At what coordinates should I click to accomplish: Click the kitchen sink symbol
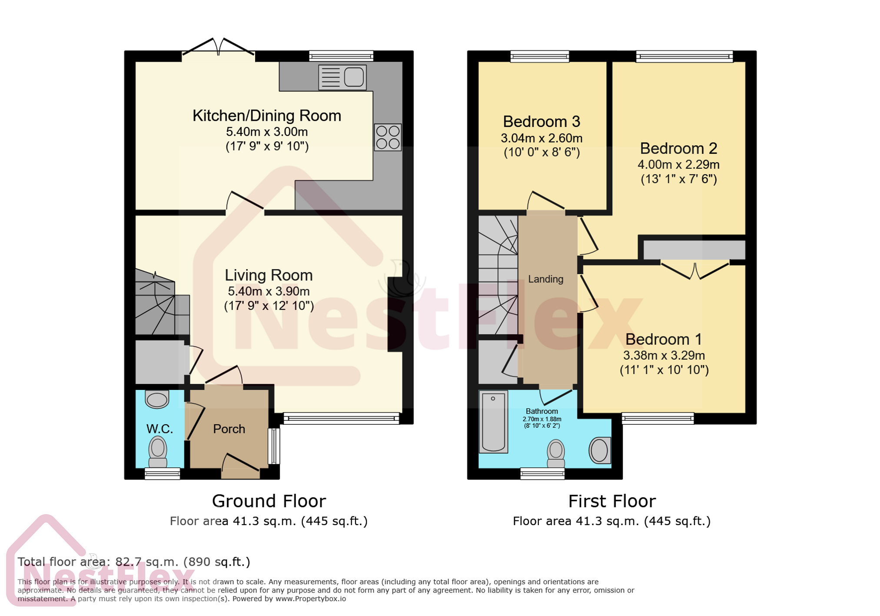tap(342, 77)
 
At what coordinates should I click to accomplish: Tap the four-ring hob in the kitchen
tap(388, 137)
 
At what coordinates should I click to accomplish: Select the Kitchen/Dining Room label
tap(266, 116)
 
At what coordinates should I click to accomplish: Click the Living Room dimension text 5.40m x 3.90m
tap(268, 291)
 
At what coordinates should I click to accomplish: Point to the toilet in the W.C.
tap(158, 452)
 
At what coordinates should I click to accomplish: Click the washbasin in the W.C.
tap(156, 399)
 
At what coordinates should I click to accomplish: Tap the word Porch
tap(229, 429)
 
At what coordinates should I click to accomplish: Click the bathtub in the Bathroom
tap(493, 422)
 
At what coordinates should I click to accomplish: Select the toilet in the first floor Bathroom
tap(555, 453)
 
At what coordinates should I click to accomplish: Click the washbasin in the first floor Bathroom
tap(599, 450)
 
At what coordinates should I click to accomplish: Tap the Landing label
tap(545, 279)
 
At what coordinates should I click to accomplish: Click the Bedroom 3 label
tap(541, 121)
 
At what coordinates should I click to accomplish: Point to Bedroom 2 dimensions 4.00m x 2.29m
tap(678, 165)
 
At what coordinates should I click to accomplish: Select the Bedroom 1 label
tap(663, 339)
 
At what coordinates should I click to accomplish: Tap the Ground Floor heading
tap(269, 501)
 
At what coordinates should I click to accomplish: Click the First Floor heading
tap(611, 501)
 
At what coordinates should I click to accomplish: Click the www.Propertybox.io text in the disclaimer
tap(310, 599)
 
